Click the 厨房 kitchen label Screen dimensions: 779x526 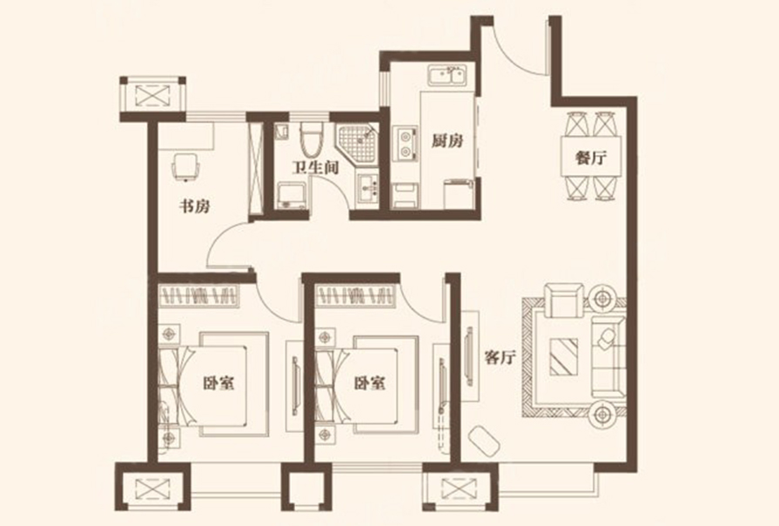tap(447, 141)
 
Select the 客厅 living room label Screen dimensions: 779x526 tap(500, 357)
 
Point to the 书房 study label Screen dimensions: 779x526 tap(194, 206)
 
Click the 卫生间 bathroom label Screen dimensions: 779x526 tap(315, 167)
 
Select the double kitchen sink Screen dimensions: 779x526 tap(447, 76)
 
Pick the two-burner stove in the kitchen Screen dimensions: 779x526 tap(406, 144)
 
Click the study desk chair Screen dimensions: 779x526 tap(185, 166)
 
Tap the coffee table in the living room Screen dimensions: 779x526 tap(564, 356)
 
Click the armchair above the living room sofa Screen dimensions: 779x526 tap(564, 300)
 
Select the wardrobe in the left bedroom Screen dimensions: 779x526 tap(199, 295)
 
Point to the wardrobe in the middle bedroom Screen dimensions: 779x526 tap(356, 295)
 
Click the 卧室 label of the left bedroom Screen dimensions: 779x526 tap(218, 383)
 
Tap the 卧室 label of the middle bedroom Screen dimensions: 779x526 tap(370, 383)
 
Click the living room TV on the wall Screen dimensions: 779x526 tap(468, 356)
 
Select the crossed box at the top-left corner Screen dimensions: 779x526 tap(153, 95)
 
